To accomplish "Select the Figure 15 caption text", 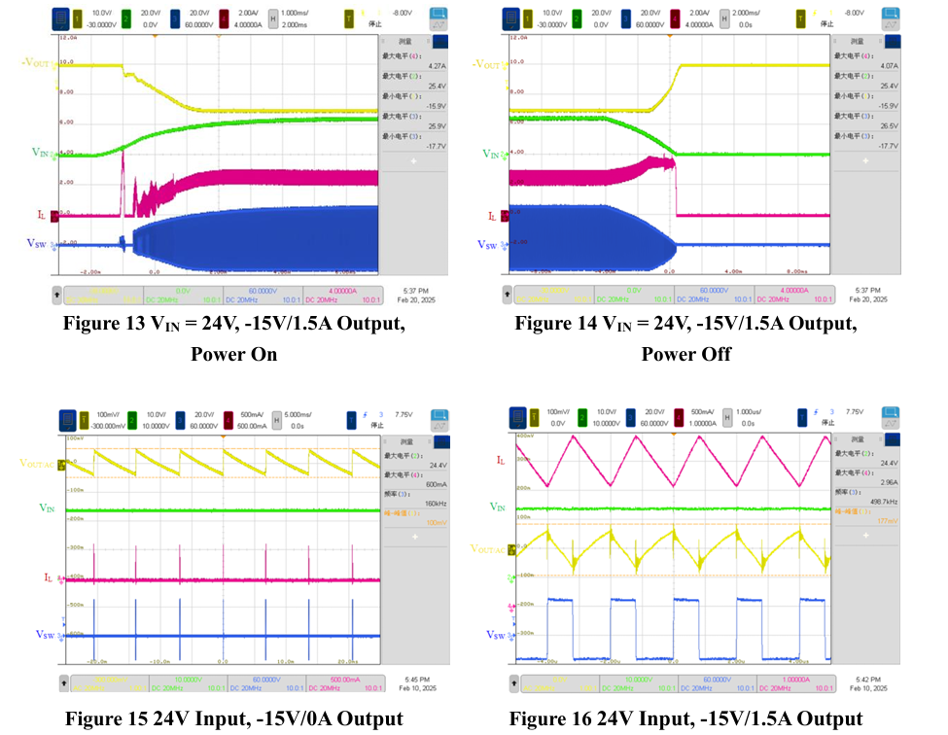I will click(233, 718).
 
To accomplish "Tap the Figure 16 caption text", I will click(685, 718).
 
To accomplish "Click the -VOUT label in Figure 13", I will click(40, 63).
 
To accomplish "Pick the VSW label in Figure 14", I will click(495, 245).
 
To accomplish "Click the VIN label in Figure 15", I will click(46, 507).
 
